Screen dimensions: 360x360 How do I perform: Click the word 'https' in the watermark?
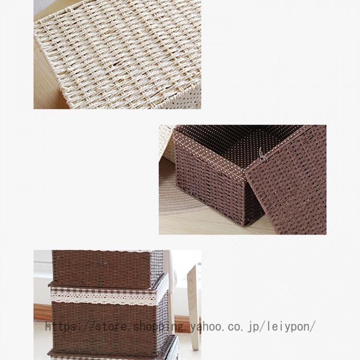coord(60,327)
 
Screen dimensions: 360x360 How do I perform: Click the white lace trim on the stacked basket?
coord(103,299)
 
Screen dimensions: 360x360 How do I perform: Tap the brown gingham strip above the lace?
coord(103,291)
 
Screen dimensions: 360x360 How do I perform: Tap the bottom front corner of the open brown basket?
coord(244,226)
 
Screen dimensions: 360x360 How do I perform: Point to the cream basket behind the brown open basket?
coord(167,143)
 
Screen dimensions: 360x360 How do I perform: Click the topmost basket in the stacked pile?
coord(108,269)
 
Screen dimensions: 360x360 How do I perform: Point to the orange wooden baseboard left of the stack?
coord(43,312)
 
